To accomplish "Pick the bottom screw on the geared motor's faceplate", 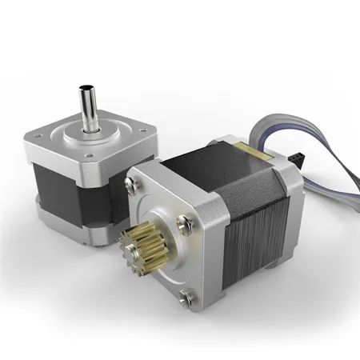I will (x=187, y=300).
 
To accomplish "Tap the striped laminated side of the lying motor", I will (x=264, y=240).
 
